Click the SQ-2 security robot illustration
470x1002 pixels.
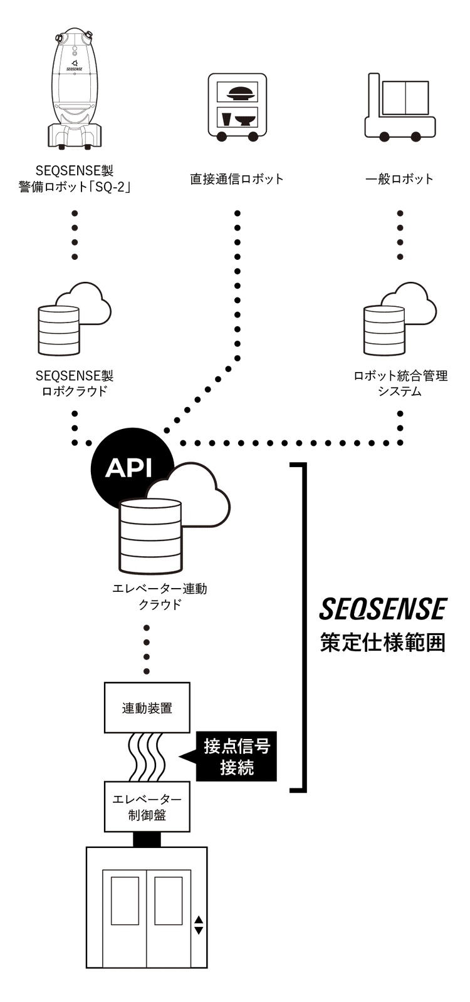(75, 87)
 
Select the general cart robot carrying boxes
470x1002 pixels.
(400, 106)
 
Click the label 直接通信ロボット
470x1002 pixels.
(237, 179)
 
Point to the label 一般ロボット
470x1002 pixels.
(400, 179)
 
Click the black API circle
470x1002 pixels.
(130, 467)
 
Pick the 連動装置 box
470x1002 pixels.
(147, 708)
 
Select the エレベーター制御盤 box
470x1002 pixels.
(147, 807)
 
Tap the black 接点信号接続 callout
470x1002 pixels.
(236, 757)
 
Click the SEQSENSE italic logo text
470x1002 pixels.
(383, 609)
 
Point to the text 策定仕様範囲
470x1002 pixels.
(383, 643)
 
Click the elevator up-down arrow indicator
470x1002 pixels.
(198, 925)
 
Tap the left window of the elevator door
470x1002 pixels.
(125, 901)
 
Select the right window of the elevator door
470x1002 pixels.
(169, 901)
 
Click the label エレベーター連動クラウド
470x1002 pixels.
(159, 597)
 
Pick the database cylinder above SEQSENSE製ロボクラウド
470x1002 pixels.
(59, 330)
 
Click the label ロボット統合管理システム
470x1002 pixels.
(400, 383)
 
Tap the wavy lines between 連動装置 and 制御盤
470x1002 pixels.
(147, 757)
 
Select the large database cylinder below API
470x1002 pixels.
(150, 537)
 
